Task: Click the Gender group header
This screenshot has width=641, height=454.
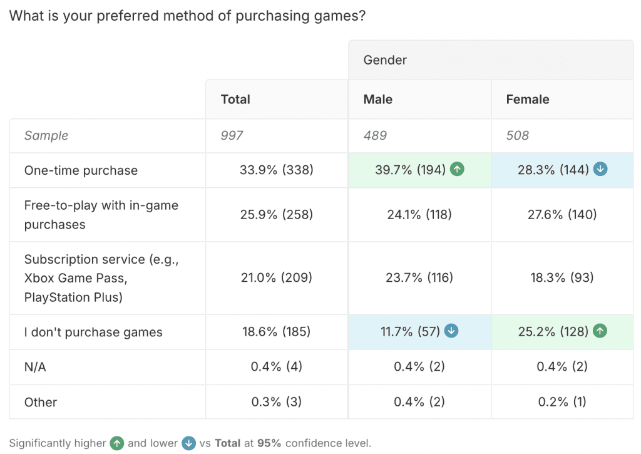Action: (385, 60)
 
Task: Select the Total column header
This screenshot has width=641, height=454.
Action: (235, 100)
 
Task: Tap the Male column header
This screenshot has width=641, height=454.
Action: (378, 100)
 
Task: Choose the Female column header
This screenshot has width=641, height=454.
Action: (528, 100)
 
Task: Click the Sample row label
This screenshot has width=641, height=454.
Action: (46, 135)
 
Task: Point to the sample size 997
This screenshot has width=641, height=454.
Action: (232, 135)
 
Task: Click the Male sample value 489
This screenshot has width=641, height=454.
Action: (375, 135)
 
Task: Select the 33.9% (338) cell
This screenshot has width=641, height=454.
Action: (277, 170)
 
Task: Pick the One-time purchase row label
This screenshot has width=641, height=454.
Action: (81, 170)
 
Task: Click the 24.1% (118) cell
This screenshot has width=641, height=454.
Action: (419, 215)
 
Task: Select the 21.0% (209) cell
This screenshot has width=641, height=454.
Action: (277, 277)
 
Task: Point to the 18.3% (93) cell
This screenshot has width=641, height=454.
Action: (562, 277)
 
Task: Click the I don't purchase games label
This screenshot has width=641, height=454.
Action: (93, 332)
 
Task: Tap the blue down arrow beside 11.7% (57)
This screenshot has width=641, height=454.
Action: (451, 331)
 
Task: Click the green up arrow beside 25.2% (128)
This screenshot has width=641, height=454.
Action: (600, 331)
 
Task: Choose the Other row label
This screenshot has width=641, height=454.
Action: (41, 402)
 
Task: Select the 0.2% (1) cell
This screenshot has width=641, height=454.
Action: (562, 402)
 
